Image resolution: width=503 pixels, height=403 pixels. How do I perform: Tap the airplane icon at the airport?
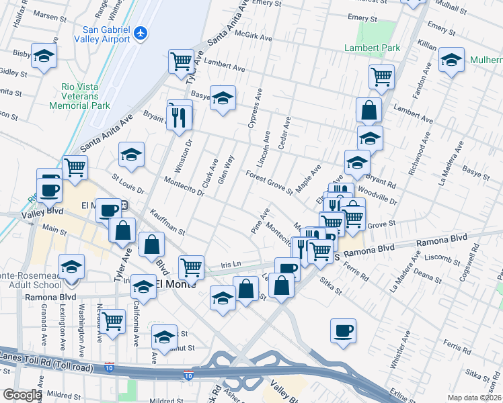[x=140, y=33]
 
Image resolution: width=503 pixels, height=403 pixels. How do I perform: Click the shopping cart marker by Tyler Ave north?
[x=181, y=62]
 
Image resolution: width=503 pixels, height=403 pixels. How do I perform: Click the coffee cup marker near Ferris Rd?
[x=343, y=330]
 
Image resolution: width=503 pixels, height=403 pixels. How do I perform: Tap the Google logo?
[x=22, y=395]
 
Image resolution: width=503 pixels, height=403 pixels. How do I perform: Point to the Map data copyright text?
[x=475, y=398]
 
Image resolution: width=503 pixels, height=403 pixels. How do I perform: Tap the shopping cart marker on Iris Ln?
[x=192, y=267]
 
